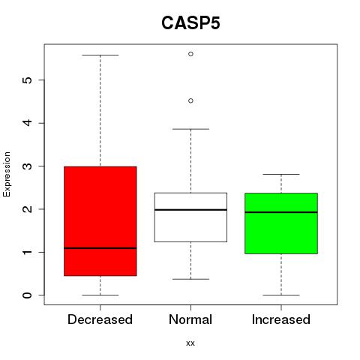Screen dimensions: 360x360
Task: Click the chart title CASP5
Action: tap(190, 23)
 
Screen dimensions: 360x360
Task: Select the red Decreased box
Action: tap(100, 221)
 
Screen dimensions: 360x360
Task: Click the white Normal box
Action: tap(190, 217)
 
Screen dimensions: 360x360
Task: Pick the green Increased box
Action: tap(281, 223)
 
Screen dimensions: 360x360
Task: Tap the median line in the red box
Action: tap(100, 248)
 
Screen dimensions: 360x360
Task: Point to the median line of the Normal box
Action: tap(190, 210)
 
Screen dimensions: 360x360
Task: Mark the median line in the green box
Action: tap(281, 212)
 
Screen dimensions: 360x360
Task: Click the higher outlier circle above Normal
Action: tap(190, 54)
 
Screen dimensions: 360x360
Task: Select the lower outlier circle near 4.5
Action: tap(190, 100)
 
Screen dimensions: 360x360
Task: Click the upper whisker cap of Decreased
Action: tap(100, 55)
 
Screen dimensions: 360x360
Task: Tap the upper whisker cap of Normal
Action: tap(190, 129)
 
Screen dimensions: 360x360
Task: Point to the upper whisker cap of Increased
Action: tap(281, 174)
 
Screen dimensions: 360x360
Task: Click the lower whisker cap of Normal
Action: tap(190, 279)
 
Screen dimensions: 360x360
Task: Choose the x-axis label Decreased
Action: tap(100, 319)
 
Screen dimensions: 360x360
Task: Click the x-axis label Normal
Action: tap(190, 319)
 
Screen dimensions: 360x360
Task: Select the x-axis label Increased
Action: tap(281, 319)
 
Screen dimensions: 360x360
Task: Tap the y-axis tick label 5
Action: tap(28, 80)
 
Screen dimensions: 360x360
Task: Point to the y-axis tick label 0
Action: tap(28, 295)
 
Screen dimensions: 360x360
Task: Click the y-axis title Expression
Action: tap(7, 174)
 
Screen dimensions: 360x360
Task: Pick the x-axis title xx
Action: tap(190, 343)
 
